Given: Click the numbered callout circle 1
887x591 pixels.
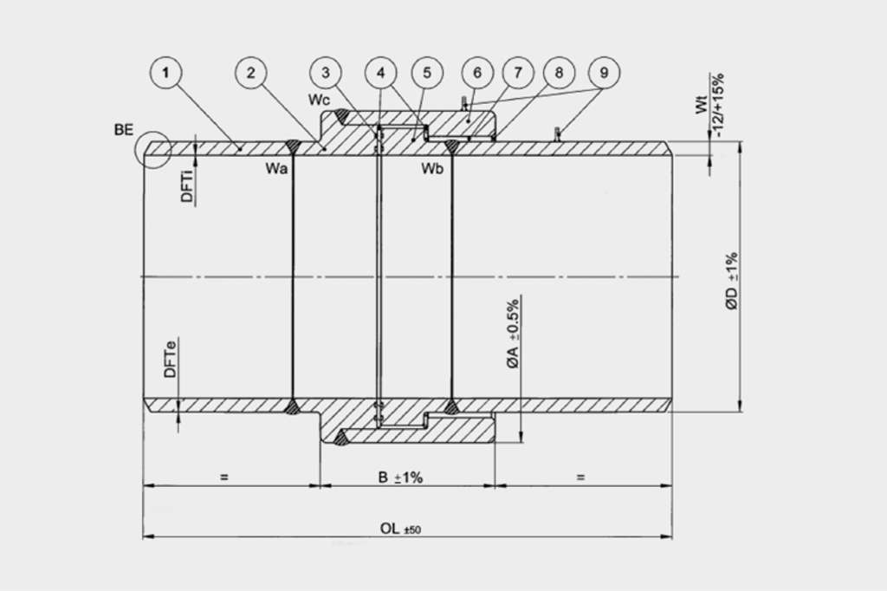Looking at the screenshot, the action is pos(165,73).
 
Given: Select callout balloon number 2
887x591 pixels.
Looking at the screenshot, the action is pos(251,73).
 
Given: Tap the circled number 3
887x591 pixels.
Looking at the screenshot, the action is pos(326,73).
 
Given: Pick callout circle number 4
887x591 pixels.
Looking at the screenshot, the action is pos(381,73).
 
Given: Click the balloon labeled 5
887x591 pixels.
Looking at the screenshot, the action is pos(427,73).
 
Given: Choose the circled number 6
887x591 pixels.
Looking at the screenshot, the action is pos(477,73).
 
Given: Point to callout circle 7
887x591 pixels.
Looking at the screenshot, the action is pos(518,73).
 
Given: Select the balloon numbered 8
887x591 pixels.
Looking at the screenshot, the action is pos(559,73).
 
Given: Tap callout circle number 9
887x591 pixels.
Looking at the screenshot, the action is pos(604,73).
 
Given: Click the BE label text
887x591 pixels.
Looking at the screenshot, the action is pos(124,130).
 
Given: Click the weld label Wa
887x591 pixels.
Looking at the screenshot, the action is pos(276,169).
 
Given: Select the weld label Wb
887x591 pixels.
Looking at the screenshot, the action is pos(432,169).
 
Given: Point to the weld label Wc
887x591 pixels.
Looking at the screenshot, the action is pos(319,100).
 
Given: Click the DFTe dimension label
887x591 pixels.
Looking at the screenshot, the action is pos(171,359).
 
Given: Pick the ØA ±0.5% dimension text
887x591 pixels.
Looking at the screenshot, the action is pos(513,334).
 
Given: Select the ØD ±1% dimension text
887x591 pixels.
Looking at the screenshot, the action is pos(731,282).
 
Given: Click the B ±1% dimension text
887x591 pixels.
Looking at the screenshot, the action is pos(400,477).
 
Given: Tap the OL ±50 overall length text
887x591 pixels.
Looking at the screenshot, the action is pos(400,529).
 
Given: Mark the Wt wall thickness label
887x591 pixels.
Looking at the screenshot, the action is pos(702,106).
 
